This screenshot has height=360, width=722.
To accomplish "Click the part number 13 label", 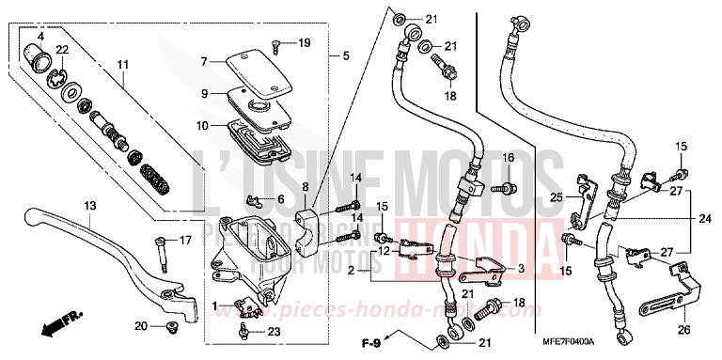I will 90,205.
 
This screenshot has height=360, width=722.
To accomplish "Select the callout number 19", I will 304,43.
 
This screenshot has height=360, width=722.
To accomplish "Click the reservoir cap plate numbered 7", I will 256,62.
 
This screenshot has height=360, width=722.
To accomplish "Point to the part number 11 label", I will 122,65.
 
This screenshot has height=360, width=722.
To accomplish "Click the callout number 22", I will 62,49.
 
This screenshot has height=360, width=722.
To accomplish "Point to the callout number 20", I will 141,326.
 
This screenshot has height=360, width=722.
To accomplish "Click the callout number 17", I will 185,240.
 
